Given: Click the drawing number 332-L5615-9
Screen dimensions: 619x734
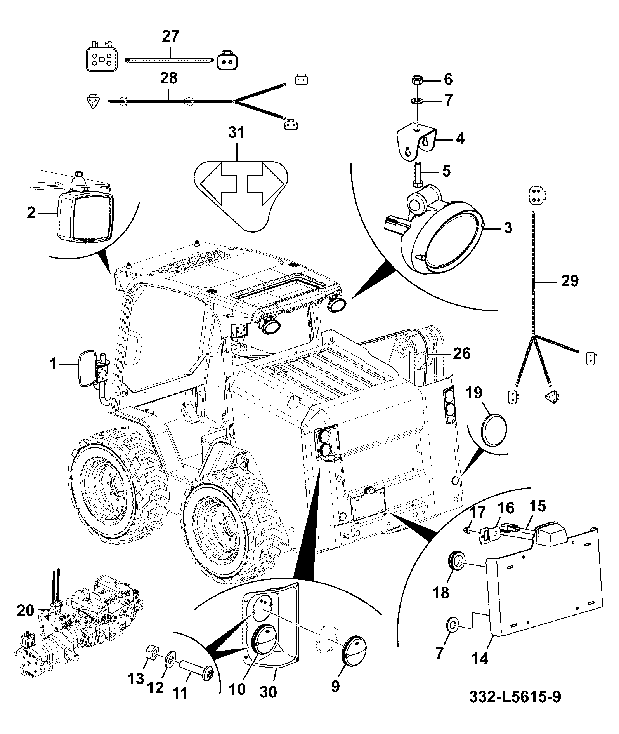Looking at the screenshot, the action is (x=515, y=696).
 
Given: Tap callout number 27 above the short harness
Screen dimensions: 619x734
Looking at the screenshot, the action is (x=171, y=37).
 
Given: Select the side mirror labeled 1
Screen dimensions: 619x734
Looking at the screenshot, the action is (x=87, y=369).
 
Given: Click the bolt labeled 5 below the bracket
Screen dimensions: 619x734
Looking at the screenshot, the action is (x=417, y=174).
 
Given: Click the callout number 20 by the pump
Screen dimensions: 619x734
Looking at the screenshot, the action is (x=26, y=611).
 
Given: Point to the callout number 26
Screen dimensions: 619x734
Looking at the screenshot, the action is (x=461, y=353).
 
